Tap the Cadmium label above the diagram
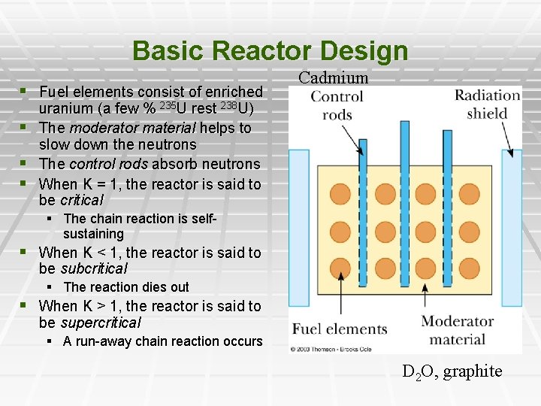[334, 77]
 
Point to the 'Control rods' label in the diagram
[337, 105]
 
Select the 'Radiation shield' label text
[487, 105]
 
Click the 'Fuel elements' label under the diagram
[340, 329]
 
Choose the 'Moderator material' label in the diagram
[457, 330]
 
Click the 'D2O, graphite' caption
[452, 371]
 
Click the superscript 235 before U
[170, 105]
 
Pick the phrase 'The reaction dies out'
[126, 287]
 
